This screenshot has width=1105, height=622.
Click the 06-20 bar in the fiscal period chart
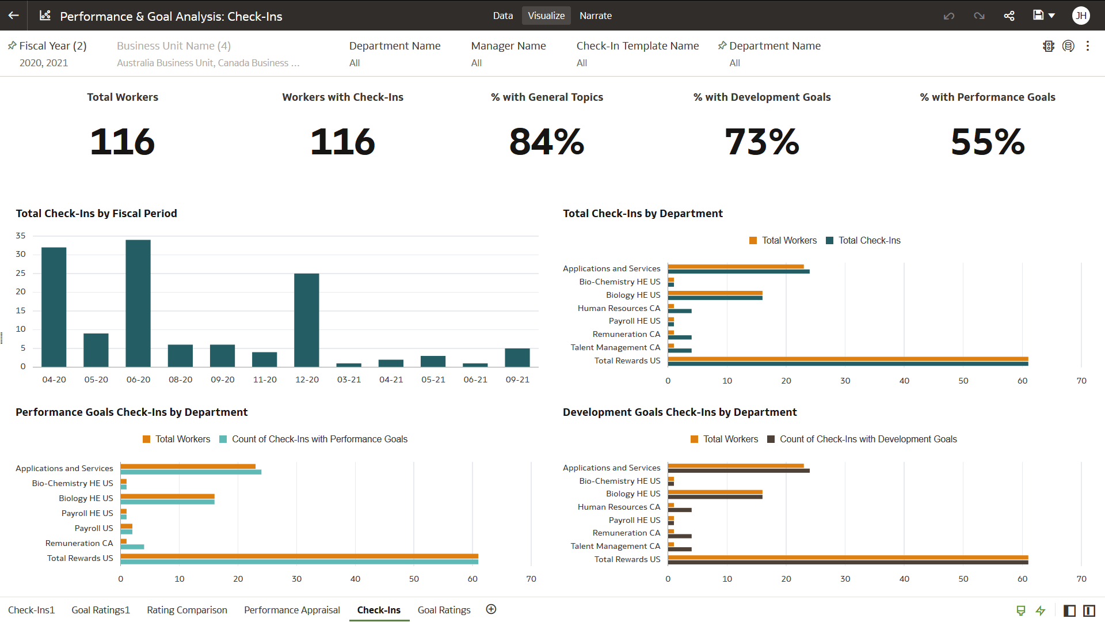click(138, 303)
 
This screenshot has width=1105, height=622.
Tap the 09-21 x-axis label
click(517, 380)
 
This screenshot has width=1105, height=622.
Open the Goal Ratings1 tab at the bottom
click(101, 610)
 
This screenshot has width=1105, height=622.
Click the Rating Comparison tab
click(187, 610)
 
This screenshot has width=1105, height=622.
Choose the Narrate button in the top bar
click(596, 16)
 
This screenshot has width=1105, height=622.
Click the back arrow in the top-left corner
click(14, 16)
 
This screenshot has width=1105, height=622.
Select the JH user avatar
click(1081, 16)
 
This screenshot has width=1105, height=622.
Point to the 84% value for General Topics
click(547, 142)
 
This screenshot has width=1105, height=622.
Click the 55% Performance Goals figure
click(988, 142)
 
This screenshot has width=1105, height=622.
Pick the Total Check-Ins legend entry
click(863, 241)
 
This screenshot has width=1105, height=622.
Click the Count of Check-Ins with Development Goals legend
click(862, 439)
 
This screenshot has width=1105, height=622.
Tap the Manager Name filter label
click(508, 46)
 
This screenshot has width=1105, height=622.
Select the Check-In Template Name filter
click(638, 46)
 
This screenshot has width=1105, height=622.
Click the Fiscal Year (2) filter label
click(52, 46)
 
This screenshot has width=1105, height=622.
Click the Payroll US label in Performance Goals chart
click(94, 529)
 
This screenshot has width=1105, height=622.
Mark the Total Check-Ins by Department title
click(642, 214)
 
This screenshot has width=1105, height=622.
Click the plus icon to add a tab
click(491, 609)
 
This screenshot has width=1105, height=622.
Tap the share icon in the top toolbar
click(1009, 16)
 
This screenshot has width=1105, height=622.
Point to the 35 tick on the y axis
click(21, 236)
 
